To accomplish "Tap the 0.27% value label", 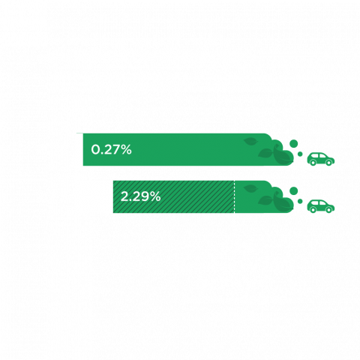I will point(111,149).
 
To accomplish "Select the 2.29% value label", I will point(141,197).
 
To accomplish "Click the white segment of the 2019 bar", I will point(95,197).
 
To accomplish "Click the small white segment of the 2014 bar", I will point(79,149).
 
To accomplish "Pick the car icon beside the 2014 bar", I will point(321,158).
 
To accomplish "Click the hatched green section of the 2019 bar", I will point(195,197).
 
